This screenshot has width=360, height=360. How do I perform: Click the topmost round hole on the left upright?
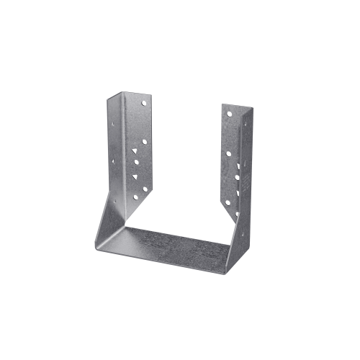coord(143,104)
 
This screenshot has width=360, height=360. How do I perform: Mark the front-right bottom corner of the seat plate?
coord(225,274)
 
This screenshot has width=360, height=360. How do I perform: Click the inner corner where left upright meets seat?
coord(127,227)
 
